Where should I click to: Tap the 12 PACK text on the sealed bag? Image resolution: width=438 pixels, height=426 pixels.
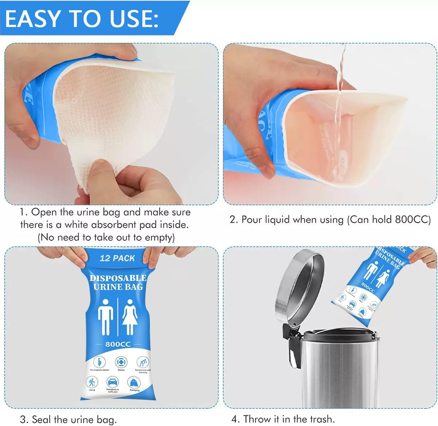[x=117, y=258]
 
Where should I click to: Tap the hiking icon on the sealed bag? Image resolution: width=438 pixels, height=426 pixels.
[x=92, y=383]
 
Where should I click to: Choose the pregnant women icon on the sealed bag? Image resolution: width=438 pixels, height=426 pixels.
[x=99, y=362]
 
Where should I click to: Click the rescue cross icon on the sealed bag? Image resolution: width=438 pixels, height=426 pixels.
[x=121, y=362]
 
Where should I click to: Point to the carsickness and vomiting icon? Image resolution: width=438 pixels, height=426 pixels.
[x=143, y=362]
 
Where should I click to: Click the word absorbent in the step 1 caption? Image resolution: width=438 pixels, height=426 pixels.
[x=116, y=224]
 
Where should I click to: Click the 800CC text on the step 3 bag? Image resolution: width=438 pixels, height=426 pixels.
[x=118, y=344]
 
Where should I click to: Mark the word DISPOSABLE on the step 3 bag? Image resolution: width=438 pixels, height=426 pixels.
[x=118, y=278]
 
